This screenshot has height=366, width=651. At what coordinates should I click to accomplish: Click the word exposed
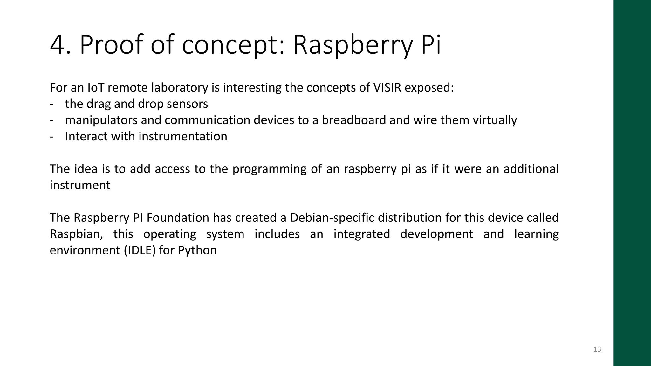point(429,88)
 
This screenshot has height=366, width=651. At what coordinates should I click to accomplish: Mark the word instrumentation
point(183,136)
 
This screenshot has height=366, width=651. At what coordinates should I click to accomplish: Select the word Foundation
point(178,218)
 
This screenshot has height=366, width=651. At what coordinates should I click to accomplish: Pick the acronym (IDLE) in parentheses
point(140,250)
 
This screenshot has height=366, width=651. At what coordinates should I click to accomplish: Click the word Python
point(197,250)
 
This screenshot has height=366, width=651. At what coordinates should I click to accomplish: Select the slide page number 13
point(597,349)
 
